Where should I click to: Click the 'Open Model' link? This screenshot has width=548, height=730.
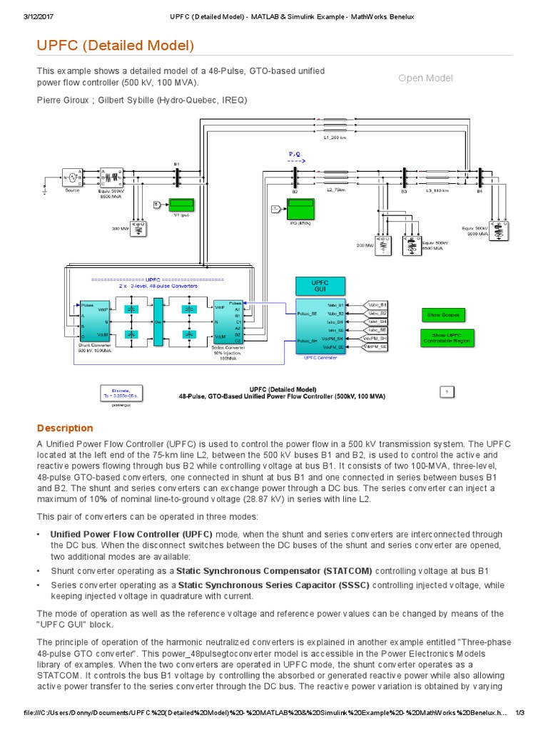(x=425, y=78)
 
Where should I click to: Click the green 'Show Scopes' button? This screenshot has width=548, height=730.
(x=444, y=314)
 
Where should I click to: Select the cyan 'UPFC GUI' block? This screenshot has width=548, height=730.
(x=320, y=287)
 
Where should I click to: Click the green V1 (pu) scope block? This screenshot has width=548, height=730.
(x=181, y=205)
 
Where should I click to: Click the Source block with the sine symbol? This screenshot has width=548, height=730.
(x=71, y=177)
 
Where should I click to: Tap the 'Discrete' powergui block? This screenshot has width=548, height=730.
(x=116, y=393)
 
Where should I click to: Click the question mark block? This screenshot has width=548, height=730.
(x=446, y=391)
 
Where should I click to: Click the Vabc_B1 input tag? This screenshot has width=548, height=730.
(x=377, y=305)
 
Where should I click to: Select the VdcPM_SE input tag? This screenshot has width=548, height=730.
(x=375, y=346)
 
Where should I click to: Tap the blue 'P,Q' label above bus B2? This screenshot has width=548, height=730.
(x=295, y=153)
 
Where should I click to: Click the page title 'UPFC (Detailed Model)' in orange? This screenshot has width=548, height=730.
(x=116, y=46)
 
